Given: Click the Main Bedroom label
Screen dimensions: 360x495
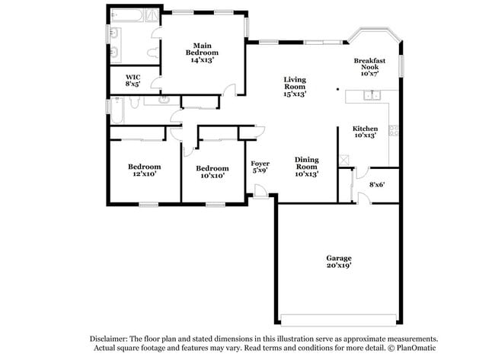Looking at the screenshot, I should coord(202,53).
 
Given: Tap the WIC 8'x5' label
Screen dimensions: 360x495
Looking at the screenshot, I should coord(133,81).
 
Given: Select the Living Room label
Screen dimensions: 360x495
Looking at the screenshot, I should coord(295,87).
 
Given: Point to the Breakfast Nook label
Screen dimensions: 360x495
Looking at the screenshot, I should coord(369,67).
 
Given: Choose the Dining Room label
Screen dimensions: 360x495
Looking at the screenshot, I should coord(306,167).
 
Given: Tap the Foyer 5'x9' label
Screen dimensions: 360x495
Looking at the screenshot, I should coord(260,167).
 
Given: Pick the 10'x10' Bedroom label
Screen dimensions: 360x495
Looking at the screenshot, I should coord(212,172).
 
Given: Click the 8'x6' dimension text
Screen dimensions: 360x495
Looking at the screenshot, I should coord(377,184).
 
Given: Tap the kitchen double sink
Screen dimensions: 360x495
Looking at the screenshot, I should coord(372,95).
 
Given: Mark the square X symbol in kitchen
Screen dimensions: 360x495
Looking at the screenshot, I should coord(345,160).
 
